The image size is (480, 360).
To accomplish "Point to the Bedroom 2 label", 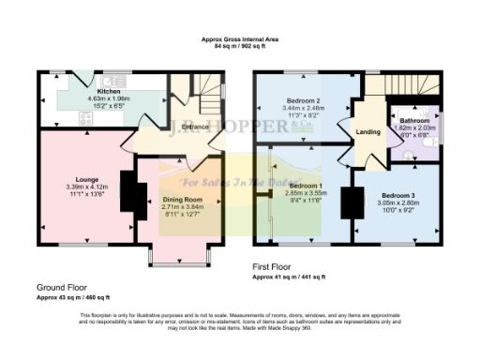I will point(305,99).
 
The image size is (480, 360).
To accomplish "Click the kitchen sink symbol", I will point(116,79).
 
